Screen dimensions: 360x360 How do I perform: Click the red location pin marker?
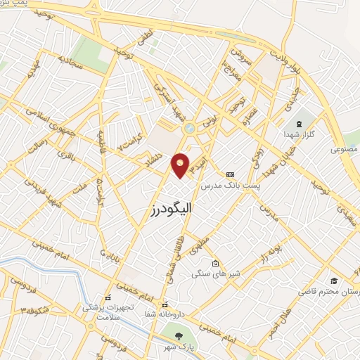pyautogui.click(x=181, y=165)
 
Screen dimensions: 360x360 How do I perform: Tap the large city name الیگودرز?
pyautogui.click(x=172, y=209)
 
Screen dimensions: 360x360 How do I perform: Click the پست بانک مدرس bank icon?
pyautogui.click(x=230, y=174)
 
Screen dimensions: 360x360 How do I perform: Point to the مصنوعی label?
pyautogui.click(x=345, y=150)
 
